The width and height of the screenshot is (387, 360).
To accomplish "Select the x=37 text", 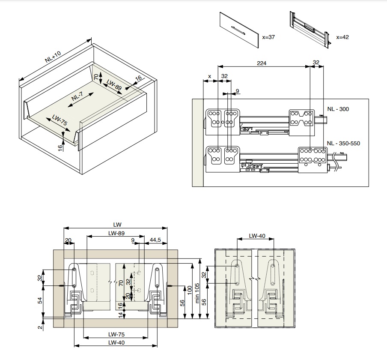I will tap(268, 37).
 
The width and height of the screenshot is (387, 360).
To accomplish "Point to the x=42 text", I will tap(342, 37).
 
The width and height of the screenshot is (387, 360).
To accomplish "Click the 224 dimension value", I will tap(262, 63).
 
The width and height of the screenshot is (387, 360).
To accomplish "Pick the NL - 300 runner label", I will tap(338, 109).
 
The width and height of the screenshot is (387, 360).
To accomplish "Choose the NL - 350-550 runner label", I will tap(343, 144).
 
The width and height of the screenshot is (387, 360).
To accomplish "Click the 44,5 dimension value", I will tap(155, 240).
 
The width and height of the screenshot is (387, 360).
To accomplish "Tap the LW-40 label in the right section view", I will tap(257, 235).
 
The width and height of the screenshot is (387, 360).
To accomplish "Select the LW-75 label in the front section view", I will tap(116, 334).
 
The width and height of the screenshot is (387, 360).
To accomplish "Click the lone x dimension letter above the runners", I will tap(209, 76).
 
